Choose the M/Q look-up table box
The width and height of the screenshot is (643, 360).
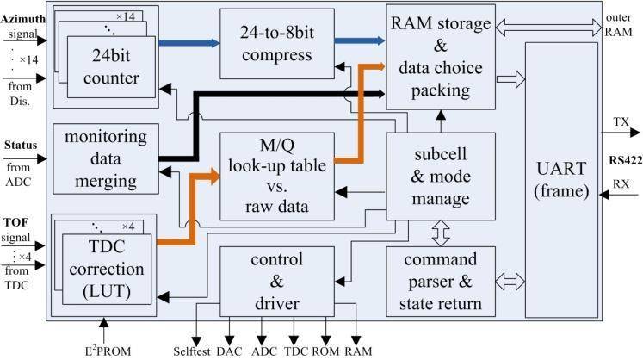coord(275,176)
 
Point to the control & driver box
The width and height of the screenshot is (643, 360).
coord(275,280)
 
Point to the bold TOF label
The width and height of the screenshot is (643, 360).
coord(17,221)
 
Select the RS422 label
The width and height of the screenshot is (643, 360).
coord(621,159)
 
